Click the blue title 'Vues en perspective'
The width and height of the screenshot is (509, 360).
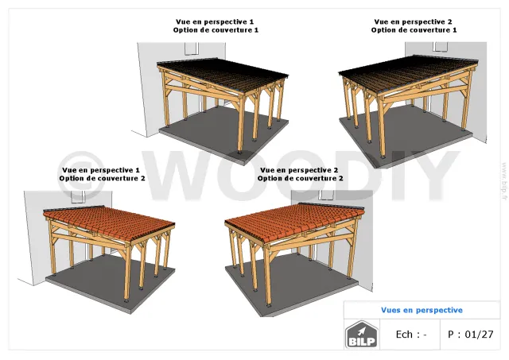(422, 310)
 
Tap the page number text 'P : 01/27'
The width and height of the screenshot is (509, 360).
(470, 334)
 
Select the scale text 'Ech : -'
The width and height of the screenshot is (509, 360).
(411, 334)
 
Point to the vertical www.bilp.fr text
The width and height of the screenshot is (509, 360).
(504, 181)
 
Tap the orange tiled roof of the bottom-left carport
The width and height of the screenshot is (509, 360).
(109, 223)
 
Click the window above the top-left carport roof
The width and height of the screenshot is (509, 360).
(192, 48)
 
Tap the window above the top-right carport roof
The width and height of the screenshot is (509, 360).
(440, 46)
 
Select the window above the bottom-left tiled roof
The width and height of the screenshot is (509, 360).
(78, 197)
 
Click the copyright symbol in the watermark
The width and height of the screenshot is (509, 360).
(81, 176)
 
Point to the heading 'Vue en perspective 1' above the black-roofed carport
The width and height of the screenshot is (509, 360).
(215, 21)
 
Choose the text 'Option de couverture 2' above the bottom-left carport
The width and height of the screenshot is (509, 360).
(102, 178)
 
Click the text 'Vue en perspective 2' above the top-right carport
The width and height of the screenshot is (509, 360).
(413, 21)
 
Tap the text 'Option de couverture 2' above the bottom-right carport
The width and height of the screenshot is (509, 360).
(301, 178)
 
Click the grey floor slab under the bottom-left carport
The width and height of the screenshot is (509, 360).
(111, 282)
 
